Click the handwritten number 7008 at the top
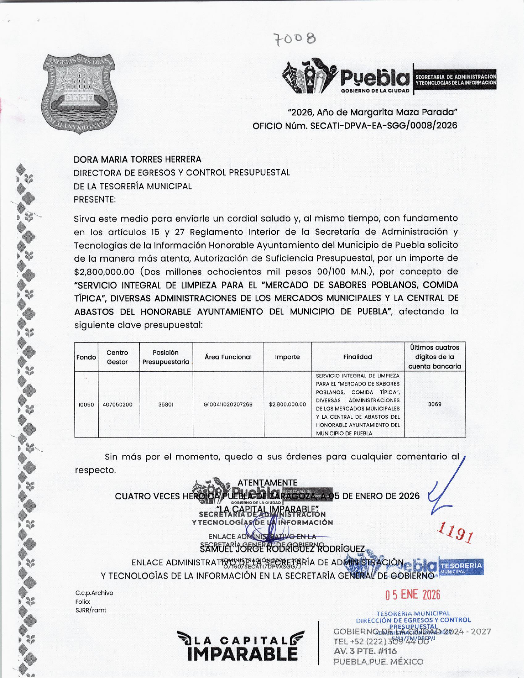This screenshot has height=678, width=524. [x=295, y=39]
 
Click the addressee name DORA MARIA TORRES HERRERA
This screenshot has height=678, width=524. [x=137, y=159]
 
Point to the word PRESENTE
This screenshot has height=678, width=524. [x=95, y=200]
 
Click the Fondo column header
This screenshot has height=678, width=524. [x=86, y=357]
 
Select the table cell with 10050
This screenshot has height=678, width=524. [x=86, y=404]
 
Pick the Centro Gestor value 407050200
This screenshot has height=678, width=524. [x=118, y=404]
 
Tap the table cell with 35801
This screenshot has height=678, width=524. [x=166, y=404]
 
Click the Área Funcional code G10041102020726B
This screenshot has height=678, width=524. [x=228, y=404]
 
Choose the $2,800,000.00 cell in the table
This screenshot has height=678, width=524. [x=287, y=404]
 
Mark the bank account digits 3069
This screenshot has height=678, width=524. [x=435, y=404]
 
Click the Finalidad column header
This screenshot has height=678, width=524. [x=358, y=357]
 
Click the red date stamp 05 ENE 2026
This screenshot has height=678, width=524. [x=412, y=595]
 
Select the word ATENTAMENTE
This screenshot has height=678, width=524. [x=267, y=483]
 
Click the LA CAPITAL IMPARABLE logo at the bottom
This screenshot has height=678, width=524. [x=242, y=646]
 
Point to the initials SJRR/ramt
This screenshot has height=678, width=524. [x=90, y=610]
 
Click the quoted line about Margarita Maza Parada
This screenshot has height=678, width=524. [x=372, y=112]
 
